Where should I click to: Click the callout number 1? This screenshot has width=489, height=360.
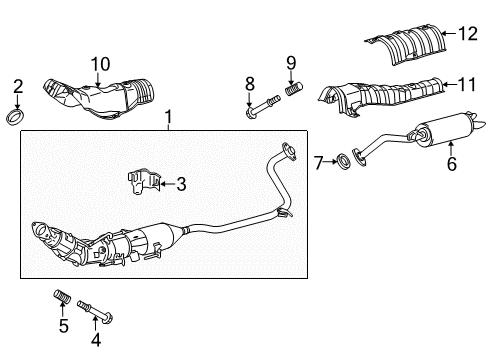168,118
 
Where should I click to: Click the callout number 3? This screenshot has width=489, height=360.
181,183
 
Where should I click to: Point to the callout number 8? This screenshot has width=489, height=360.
250,83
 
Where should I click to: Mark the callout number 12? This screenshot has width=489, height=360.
467,35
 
